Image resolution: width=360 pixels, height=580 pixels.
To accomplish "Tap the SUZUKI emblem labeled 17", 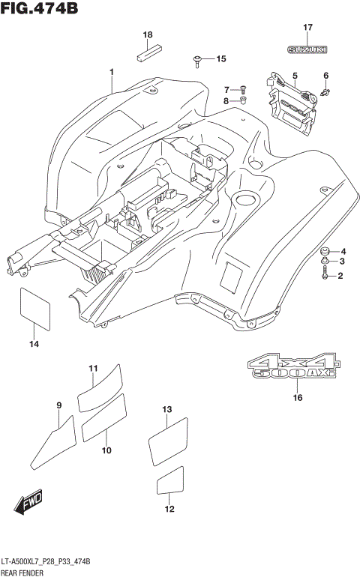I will [x=307, y=49].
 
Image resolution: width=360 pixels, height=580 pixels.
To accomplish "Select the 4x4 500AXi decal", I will [x=294, y=366].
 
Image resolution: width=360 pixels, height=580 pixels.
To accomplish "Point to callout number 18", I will [x=148, y=35].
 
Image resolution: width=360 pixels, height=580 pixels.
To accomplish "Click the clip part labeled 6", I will [x=325, y=91].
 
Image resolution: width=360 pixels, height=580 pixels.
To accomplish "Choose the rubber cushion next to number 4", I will [x=325, y=251].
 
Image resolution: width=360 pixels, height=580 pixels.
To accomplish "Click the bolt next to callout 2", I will [x=325, y=276].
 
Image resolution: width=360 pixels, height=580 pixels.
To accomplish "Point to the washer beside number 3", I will [x=325, y=262].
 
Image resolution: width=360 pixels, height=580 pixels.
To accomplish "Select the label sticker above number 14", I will [x=33, y=306].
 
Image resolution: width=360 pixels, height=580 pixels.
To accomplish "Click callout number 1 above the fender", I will [x=111, y=73].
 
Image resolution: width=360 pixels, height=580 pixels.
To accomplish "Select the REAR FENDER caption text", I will [x=24, y=573].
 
